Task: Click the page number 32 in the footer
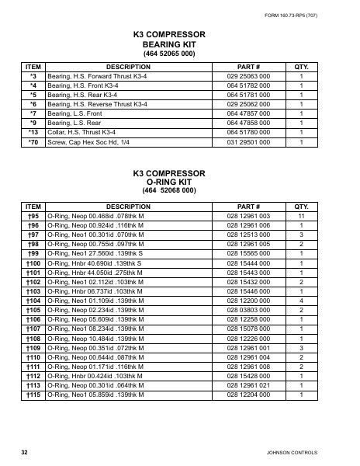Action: pyautogui.click(x=25, y=453)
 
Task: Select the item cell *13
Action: pyautogui.click(x=33, y=132)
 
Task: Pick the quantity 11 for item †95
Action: pyautogui.click(x=302, y=214)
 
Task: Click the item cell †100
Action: pyautogui.click(x=33, y=264)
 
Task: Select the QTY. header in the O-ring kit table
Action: pyautogui.click(x=302, y=204)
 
